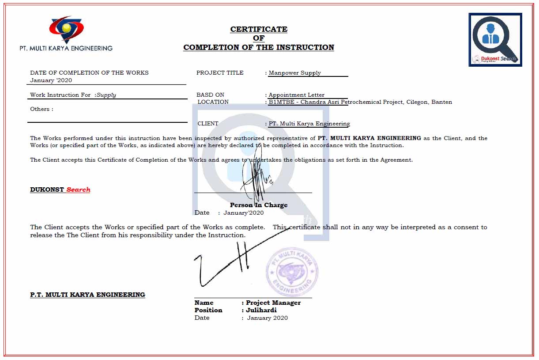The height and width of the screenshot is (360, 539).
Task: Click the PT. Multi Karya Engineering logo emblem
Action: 66,29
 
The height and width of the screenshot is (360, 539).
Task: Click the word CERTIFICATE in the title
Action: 259,29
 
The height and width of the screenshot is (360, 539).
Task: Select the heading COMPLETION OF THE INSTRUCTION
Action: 259,47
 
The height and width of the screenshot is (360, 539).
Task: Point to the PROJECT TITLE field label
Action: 220,73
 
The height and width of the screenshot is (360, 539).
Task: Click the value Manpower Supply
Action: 295,73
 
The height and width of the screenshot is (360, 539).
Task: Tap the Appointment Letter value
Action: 297,95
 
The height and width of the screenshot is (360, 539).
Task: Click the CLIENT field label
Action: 208,124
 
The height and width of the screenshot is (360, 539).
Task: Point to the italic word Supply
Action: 106,95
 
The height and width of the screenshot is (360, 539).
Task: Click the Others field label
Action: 41,109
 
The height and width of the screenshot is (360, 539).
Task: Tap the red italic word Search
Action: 79,189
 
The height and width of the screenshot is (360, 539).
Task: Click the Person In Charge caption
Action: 259,205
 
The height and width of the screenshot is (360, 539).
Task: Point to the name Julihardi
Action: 261,310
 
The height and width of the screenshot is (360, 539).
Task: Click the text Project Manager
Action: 273,303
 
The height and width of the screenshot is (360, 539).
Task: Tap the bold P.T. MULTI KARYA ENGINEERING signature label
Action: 87,295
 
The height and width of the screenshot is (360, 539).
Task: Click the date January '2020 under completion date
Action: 51,80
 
